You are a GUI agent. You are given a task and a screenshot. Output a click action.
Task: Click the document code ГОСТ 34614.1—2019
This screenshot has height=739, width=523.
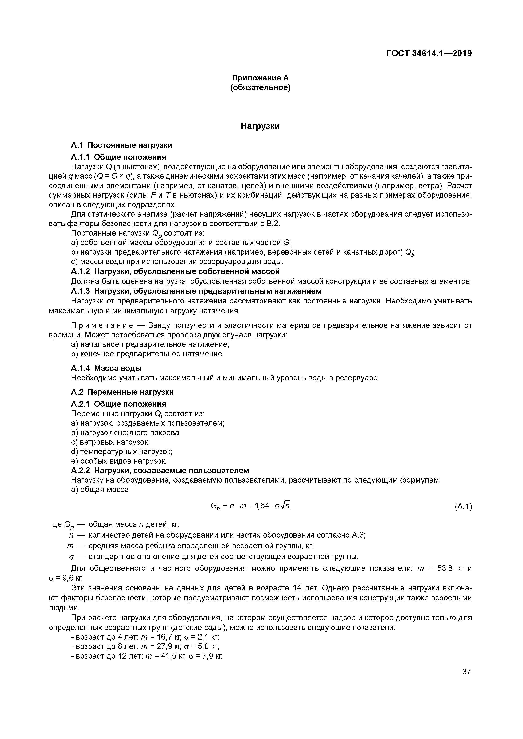429,54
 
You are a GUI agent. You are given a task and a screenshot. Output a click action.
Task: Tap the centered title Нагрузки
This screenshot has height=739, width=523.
260,126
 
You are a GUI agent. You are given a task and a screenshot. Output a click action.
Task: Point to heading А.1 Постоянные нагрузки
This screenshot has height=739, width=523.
121,145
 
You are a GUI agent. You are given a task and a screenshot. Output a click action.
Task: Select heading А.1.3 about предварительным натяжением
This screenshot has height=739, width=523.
196,291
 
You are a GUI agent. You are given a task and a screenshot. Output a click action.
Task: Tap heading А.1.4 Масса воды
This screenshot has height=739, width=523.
106,368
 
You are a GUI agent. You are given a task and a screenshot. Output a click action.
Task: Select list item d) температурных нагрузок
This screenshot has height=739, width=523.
121,452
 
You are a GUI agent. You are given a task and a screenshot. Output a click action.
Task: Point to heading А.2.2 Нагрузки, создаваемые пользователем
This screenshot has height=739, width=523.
160,471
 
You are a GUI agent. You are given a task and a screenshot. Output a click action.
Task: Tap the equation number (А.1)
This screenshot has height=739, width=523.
463,507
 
